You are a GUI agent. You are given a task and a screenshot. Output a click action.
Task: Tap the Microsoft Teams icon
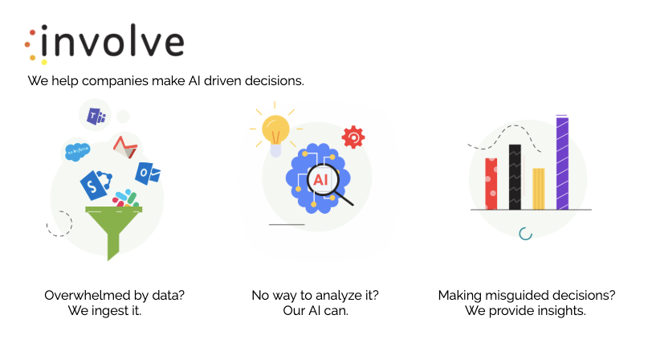click(96, 116)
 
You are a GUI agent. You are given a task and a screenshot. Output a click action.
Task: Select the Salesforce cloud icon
click(77, 151)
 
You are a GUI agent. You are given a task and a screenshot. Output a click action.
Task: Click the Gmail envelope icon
click(124, 147)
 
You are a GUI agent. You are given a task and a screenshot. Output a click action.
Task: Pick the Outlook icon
click(148, 174)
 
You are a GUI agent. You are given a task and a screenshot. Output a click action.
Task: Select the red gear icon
click(353, 137)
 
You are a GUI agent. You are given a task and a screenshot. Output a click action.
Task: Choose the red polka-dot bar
click(491, 184)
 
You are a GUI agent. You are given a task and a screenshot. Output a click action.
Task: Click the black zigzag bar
click(515, 177)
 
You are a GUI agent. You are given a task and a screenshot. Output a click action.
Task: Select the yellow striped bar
click(539, 189)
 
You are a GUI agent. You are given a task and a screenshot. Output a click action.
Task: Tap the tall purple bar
click(562, 162)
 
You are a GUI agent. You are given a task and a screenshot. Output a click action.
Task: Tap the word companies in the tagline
click(115, 81)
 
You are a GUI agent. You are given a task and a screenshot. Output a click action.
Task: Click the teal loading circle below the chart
click(525, 234)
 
